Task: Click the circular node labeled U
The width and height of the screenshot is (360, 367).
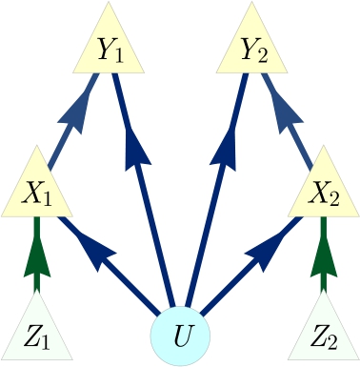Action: tap(180, 336)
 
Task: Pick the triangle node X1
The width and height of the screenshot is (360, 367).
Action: tap(37, 191)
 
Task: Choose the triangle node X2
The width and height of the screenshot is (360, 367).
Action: tap(324, 191)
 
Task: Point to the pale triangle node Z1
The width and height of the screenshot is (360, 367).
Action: tap(37, 334)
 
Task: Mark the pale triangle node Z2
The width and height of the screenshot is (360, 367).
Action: tap(324, 334)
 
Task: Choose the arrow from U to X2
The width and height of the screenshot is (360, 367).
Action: tap(255, 262)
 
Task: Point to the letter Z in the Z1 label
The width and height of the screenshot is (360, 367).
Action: tap(31, 336)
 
